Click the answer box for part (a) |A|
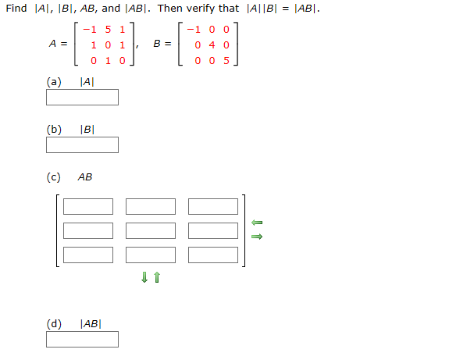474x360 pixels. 82,98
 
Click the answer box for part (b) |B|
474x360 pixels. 82,145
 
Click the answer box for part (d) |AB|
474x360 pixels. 82,340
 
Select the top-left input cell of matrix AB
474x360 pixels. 88,207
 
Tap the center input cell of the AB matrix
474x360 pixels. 151,231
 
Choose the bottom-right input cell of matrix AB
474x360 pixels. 213,255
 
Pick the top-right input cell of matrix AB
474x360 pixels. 213,207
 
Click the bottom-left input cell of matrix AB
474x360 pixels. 88,255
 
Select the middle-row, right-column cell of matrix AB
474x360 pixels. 213,231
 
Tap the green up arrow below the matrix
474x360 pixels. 157,277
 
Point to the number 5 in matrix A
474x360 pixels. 110,30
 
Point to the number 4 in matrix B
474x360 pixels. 212,45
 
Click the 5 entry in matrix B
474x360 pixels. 226,60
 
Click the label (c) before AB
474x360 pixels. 53,177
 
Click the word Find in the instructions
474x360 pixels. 16,9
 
